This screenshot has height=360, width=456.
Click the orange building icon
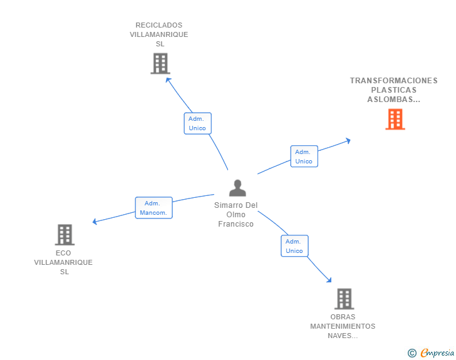(395, 119)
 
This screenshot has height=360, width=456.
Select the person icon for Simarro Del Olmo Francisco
(237, 188)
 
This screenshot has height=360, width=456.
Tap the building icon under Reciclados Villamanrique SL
(160, 63)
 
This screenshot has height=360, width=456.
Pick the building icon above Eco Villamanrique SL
(65, 235)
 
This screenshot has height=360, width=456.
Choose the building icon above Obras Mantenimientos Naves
(344, 299)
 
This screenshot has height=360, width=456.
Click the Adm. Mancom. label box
(153, 208)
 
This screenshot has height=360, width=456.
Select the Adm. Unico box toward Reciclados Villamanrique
(197, 123)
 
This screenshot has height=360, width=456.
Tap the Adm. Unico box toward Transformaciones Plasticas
(304, 157)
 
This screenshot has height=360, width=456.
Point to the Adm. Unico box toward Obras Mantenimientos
(294, 246)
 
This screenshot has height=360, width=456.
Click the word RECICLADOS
(159, 26)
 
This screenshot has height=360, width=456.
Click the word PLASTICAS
(393, 90)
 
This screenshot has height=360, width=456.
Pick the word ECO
(63, 253)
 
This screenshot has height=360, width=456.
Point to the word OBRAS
(343, 317)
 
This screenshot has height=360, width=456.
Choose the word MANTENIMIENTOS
(343, 326)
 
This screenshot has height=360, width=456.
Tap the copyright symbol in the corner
(412, 353)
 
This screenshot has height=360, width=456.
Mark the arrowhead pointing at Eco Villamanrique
(95, 221)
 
